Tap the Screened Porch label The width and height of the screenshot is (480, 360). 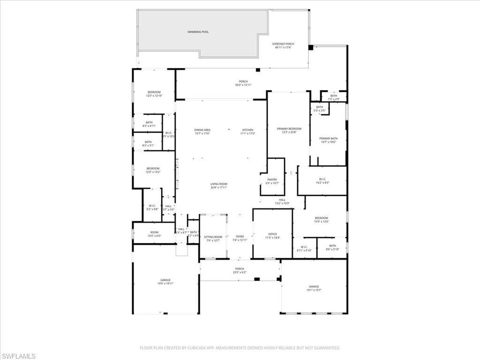283,44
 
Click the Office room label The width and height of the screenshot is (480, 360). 273,234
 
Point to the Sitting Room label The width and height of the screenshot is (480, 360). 213,237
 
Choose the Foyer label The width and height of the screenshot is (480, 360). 240,237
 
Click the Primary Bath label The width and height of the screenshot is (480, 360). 328,138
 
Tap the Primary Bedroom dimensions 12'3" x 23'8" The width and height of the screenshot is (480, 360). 289,133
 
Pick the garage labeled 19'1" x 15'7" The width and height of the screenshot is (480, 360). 314,288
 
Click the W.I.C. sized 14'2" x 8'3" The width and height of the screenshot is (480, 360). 322,180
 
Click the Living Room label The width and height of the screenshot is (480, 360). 218,185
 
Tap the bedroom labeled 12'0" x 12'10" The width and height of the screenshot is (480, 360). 154,94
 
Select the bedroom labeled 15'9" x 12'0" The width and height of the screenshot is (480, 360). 321,219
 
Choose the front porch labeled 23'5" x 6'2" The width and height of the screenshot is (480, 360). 240,270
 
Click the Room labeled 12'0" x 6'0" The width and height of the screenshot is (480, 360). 154,234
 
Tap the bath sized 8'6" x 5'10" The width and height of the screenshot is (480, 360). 332,247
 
